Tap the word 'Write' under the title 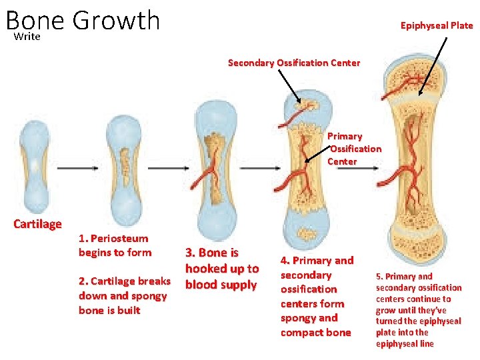point(27,37)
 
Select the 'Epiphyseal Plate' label point(437,25)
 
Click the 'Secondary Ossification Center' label point(294,63)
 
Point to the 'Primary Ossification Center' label point(354,149)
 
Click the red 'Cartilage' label point(37,224)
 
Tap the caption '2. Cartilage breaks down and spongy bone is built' point(124,295)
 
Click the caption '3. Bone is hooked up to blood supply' point(221,269)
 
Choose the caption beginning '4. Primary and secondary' point(317,296)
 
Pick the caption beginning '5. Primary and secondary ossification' point(418,309)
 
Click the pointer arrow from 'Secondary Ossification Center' point(288,85)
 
